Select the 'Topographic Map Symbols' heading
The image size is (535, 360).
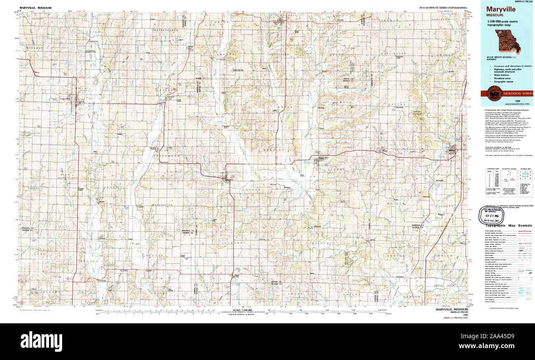point(508,225)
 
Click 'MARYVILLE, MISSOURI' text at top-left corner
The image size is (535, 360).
point(35,7)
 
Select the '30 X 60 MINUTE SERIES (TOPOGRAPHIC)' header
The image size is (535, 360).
point(443,7)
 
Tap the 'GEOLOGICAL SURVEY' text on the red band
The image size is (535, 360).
point(514,94)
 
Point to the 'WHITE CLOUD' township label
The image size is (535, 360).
point(68,178)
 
